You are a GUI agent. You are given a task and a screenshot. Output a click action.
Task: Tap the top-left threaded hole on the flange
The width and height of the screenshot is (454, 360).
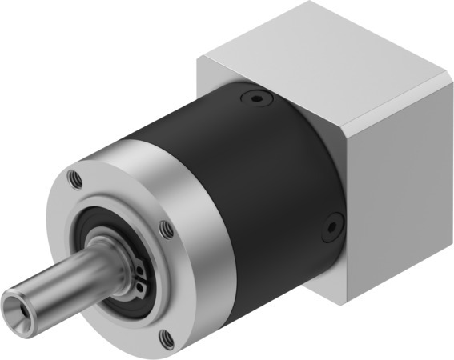[x=75, y=177]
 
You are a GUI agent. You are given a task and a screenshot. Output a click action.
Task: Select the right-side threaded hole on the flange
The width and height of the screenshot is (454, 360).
[x=167, y=230]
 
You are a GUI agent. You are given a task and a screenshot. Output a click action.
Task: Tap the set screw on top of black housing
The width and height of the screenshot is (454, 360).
[x=254, y=100]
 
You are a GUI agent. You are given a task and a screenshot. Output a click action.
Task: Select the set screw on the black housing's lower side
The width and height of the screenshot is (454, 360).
[x=330, y=229]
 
